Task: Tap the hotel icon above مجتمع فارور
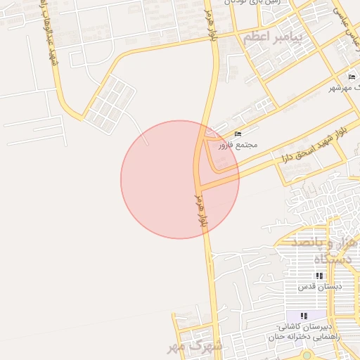pyautogui.click(x=238, y=134)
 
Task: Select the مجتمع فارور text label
pyautogui.click(x=238, y=144)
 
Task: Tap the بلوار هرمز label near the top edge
pyautogui.click(x=212, y=25)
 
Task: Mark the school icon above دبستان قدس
pyautogui.click(x=320, y=276)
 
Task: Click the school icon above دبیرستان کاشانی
pyautogui.click(x=304, y=316)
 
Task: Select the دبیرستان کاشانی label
pyautogui.click(x=304, y=328)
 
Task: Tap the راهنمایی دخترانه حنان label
pyautogui.click(x=304, y=337)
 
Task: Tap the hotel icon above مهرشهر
pyautogui.click(x=352, y=77)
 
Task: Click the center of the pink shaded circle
pyautogui.click(x=180, y=179)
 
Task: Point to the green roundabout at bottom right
pyautogui.click(x=307, y=355)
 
